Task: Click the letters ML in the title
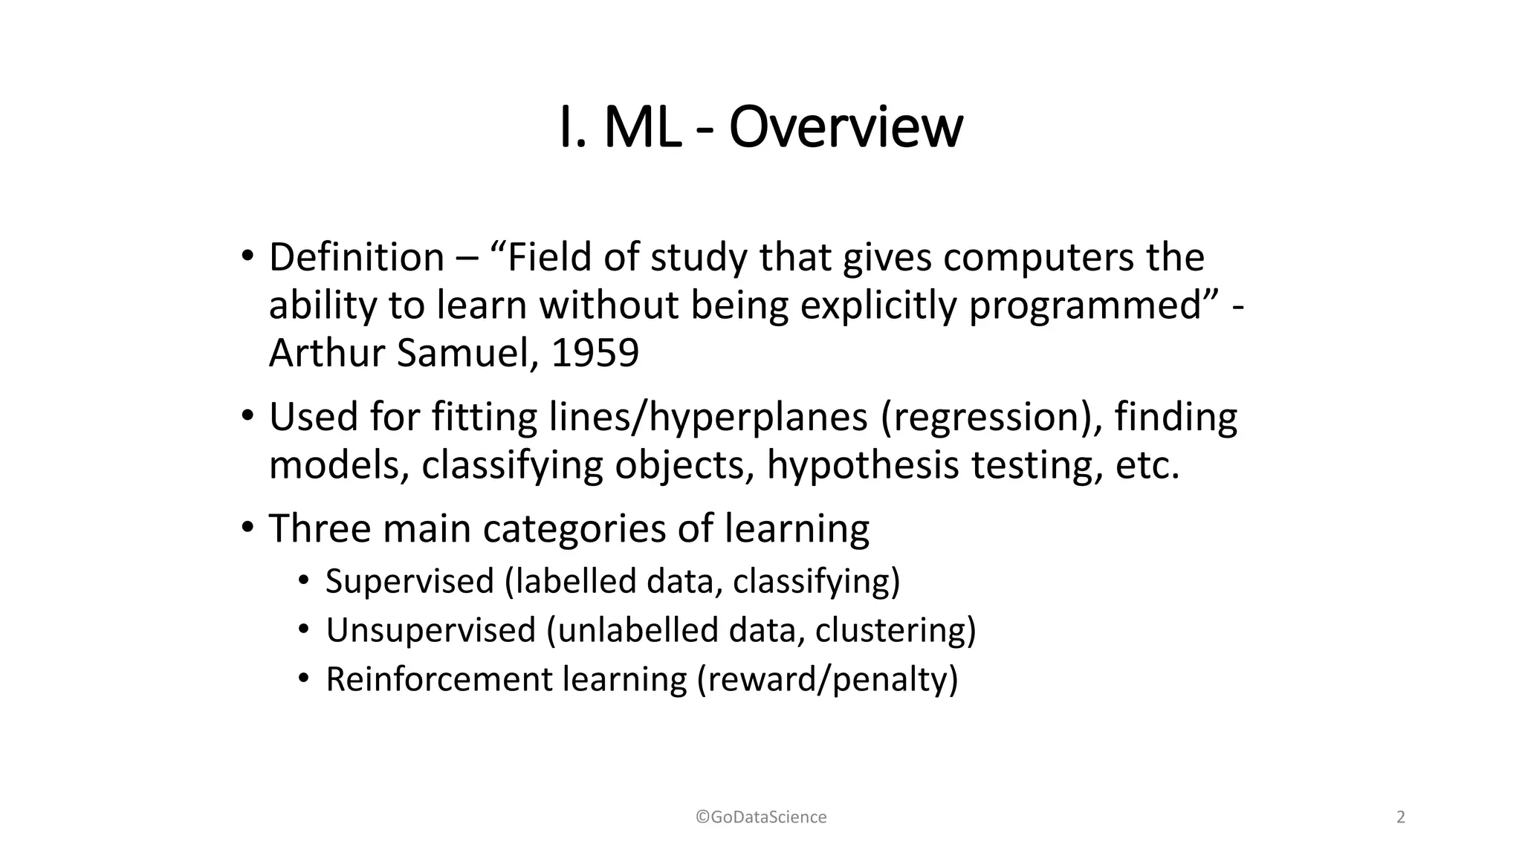[641, 128]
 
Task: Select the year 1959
[595, 353]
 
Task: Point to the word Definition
[356, 258]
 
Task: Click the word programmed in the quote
[1086, 305]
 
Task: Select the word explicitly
[878, 305]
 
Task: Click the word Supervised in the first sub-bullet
[409, 581]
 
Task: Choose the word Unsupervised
[430, 630]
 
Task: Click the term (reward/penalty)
[827, 679]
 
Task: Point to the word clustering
[896, 630]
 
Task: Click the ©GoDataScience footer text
[761, 817]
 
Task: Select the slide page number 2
[1401, 817]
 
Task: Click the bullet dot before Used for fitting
[247, 417]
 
